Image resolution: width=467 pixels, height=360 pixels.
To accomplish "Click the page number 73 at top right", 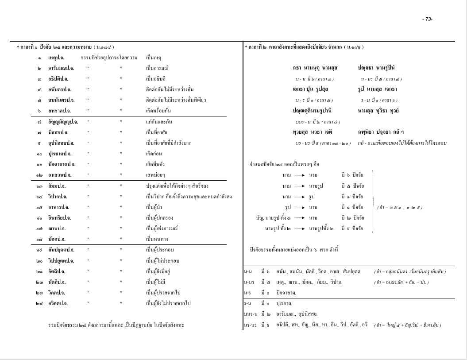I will [x=427, y=19].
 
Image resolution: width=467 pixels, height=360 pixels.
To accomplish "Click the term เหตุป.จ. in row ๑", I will [x=57, y=58].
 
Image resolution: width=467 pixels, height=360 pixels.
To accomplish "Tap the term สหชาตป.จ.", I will [x=59, y=111].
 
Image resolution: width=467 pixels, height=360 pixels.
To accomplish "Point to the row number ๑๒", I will [x=39, y=175].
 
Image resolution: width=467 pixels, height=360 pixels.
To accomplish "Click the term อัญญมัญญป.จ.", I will [x=63, y=121].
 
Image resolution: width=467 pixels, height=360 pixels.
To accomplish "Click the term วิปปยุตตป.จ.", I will [x=61, y=261].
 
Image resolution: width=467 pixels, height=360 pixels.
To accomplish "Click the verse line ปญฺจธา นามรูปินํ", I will [x=376, y=68].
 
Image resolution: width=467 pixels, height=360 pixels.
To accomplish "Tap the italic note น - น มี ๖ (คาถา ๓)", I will [x=315, y=79].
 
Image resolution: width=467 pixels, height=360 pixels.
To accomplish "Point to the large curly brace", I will [x=373, y=202].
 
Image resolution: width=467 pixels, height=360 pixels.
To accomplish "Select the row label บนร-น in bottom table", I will [x=251, y=314].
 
